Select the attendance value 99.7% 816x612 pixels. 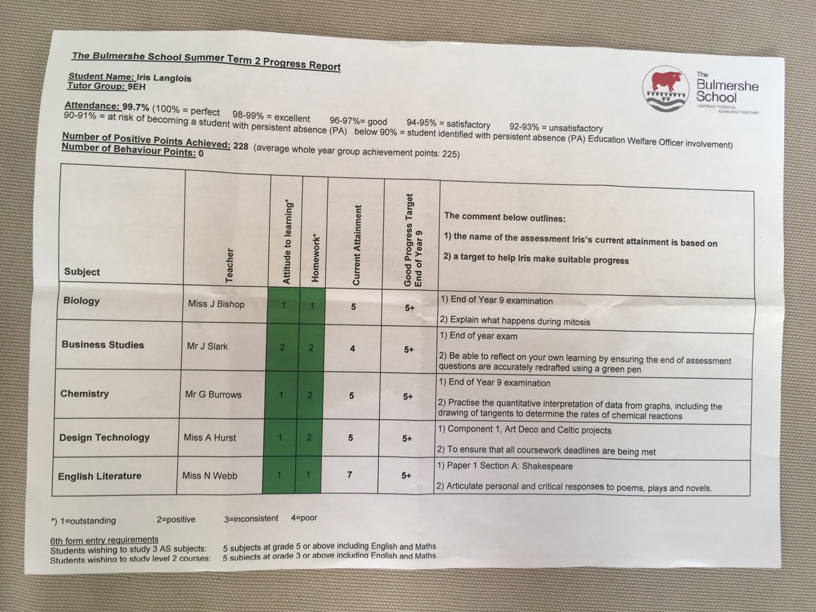(136, 108)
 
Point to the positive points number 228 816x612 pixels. (240, 146)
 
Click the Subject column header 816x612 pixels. (82, 272)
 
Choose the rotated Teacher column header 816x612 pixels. (229, 265)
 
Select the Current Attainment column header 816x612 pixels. (357, 245)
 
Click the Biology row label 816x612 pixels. (82, 301)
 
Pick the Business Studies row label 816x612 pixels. (103, 345)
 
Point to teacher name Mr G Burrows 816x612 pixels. (214, 395)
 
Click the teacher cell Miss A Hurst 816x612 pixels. (210, 438)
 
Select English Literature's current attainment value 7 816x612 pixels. (349, 474)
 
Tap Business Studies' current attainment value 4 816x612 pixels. (353, 349)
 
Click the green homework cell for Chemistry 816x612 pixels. (310, 395)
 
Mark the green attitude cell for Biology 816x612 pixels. (284, 305)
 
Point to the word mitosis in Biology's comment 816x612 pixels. (574, 322)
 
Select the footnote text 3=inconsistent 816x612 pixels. (251, 518)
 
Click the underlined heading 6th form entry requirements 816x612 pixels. (105, 540)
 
